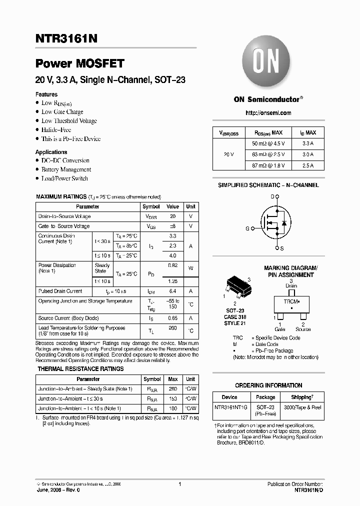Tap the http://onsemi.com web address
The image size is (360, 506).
coord(268,113)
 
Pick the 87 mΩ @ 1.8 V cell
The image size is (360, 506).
coord(268,165)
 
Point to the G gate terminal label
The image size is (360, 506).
coord(247,228)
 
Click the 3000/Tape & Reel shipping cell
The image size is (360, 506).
coord(302,407)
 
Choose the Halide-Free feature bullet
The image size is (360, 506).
coord(56,129)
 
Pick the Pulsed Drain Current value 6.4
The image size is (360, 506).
coord(172,291)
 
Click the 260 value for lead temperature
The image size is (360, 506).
coord(172,328)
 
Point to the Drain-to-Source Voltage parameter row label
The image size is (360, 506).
coord(64,216)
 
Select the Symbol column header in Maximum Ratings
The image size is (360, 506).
coord(151,206)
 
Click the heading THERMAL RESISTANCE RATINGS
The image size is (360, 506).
coord(80,369)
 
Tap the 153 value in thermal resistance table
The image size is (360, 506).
coord(172,398)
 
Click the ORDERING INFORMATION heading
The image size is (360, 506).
coord(268,385)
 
